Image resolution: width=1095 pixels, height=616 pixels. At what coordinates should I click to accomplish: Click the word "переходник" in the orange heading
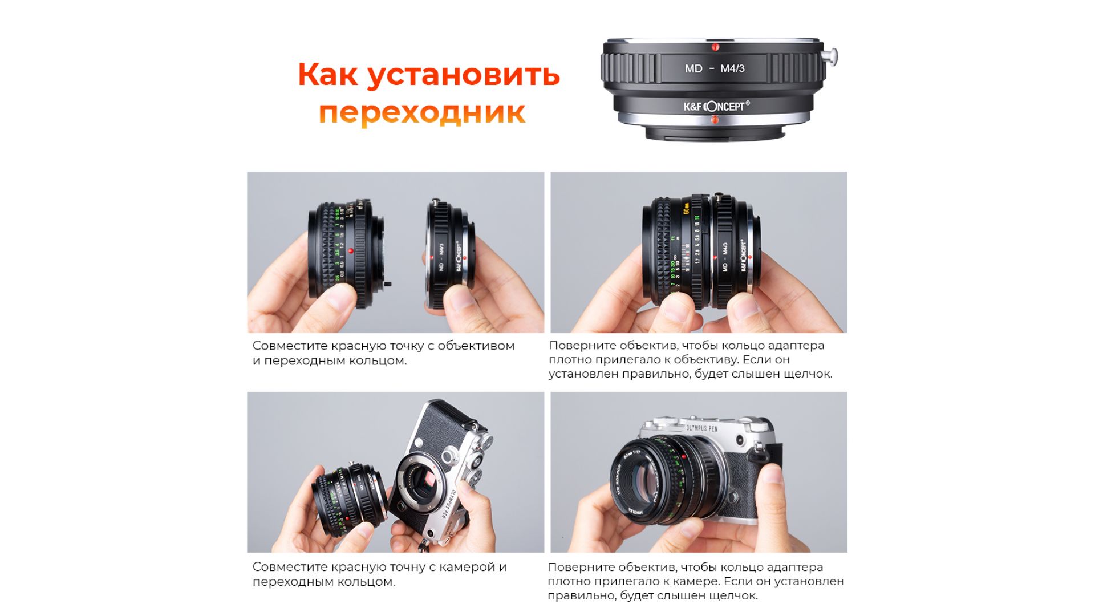coord(421,112)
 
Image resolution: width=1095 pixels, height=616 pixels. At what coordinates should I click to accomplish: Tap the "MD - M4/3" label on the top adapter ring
coord(715,68)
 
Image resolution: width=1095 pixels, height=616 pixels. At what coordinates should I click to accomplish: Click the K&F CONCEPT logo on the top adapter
coord(717,106)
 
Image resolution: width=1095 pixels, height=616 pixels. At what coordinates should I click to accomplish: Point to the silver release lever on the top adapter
coord(831,56)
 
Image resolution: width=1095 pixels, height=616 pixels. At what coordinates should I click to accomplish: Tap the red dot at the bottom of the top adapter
coord(715,119)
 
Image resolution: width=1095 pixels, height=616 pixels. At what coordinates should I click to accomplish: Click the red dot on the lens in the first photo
coord(351,251)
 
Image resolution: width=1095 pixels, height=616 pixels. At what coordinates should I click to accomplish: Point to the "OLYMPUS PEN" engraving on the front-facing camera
coord(701,428)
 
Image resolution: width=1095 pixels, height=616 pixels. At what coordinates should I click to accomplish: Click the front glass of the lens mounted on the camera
coord(644,479)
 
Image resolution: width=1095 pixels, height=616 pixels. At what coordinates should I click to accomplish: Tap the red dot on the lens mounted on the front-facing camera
coord(683,456)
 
